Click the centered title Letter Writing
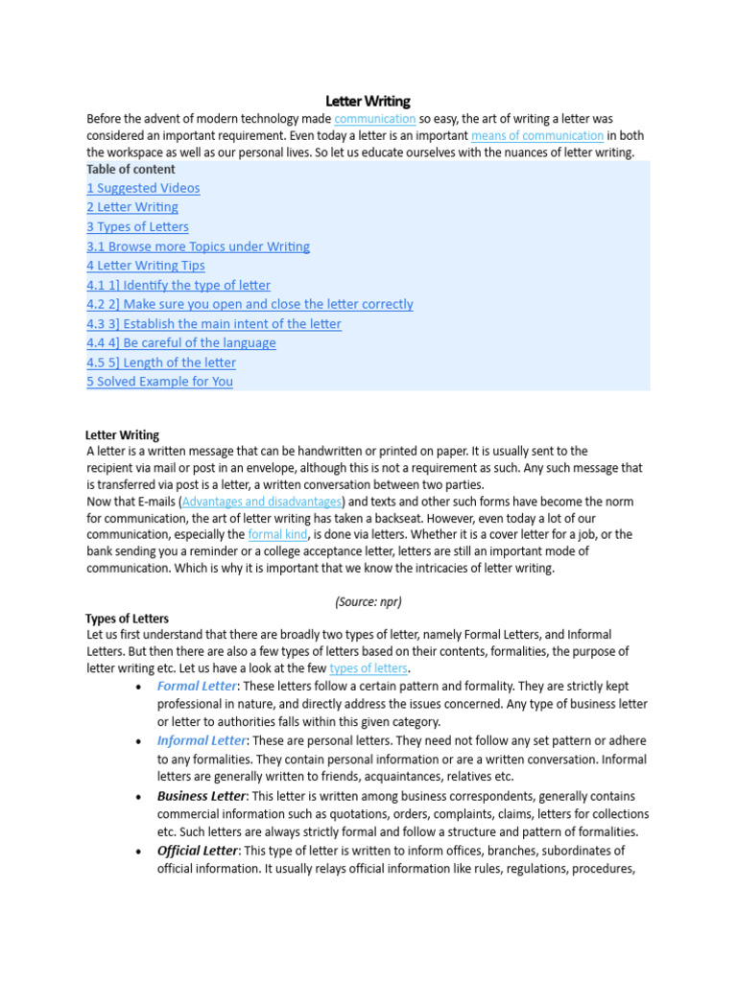pyautogui.click(x=368, y=101)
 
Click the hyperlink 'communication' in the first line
pyautogui.click(x=374, y=119)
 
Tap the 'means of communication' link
pyautogui.click(x=536, y=136)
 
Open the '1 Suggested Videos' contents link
pyautogui.click(x=143, y=188)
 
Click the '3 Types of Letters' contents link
pyautogui.click(x=137, y=227)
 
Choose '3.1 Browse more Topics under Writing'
pyautogui.click(x=198, y=246)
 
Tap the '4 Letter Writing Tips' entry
pyautogui.click(x=145, y=266)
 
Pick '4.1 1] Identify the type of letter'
pyautogui.click(x=178, y=285)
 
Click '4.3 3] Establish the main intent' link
pyautogui.click(x=213, y=324)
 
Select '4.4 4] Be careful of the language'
pyautogui.click(x=180, y=343)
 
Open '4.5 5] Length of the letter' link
pyautogui.click(x=160, y=362)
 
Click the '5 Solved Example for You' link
pyautogui.click(x=159, y=382)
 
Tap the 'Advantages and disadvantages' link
pyautogui.click(x=262, y=502)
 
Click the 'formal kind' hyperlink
pyautogui.click(x=277, y=534)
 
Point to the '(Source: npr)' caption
pyautogui.click(x=368, y=601)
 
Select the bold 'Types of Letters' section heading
pyautogui.click(x=127, y=619)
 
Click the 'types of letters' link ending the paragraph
pyautogui.click(x=368, y=668)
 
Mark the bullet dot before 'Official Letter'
pyautogui.click(x=140, y=852)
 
